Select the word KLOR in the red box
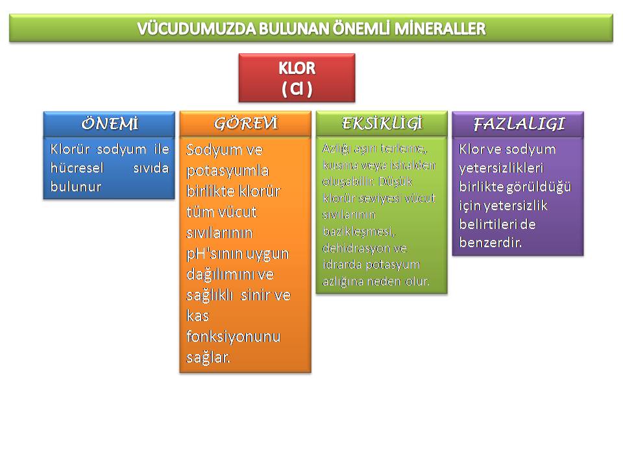(297, 68)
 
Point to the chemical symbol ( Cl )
(297, 89)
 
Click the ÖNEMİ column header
(110, 124)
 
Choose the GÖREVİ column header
(246, 123)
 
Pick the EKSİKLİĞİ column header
(382, 123)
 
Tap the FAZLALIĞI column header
(519, 124)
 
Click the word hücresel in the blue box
(77, 168)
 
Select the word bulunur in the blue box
(75, 187)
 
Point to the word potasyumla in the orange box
(228, 171)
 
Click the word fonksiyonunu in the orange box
(233, 337)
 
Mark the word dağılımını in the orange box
(230, 274)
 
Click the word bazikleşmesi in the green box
(359, 232)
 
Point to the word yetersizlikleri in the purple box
(501, 168)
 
